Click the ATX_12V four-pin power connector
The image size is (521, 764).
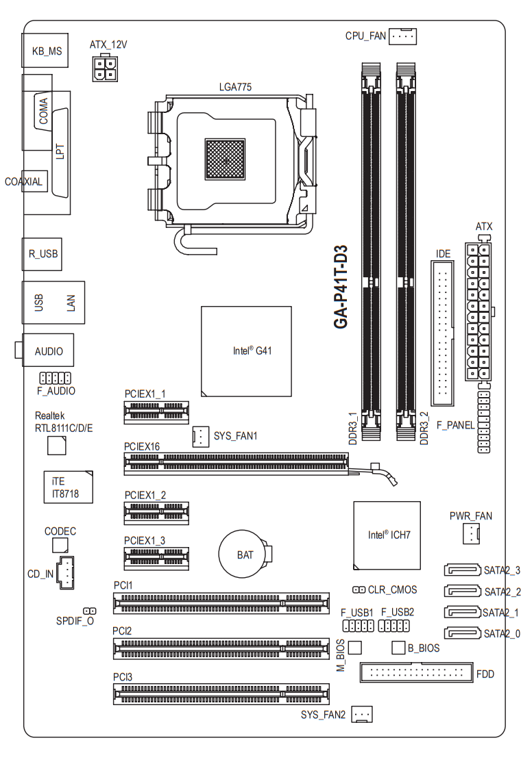click(105, 68)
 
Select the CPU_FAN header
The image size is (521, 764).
click(402, 36)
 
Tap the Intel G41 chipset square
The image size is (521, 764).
click(246, 351)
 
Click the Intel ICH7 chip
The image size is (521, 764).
click(387, 535)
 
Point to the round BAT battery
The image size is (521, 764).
click(245, 554)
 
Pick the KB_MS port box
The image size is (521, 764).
click(45, 50)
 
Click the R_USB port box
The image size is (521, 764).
click(42, 254)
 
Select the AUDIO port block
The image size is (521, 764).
click(48, 350)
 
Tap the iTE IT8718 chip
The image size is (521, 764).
click(69, 487)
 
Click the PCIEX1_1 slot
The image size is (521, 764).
click(156, 411)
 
